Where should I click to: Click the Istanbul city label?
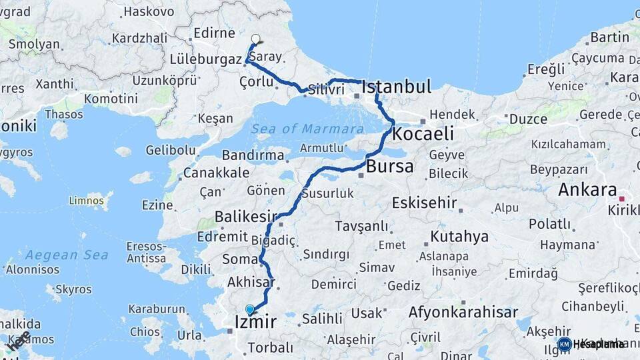[396, 87]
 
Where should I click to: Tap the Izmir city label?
[255, 323]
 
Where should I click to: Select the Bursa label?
[390, 166]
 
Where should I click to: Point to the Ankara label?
[587, 189]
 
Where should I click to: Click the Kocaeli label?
[423, 133]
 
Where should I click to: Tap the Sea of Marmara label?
[307, 129]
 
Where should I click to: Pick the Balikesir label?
[245, 217]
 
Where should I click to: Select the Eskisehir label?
[424, 203]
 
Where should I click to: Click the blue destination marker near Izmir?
[250, 309]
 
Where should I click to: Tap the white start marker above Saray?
[256, 39]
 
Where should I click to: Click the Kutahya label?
[459, 237]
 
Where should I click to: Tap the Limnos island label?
[87, 199]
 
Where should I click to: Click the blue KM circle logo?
[564, 344]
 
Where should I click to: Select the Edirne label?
[214, 33]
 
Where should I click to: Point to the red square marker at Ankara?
[621, 199]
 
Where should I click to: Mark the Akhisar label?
[251, 283]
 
